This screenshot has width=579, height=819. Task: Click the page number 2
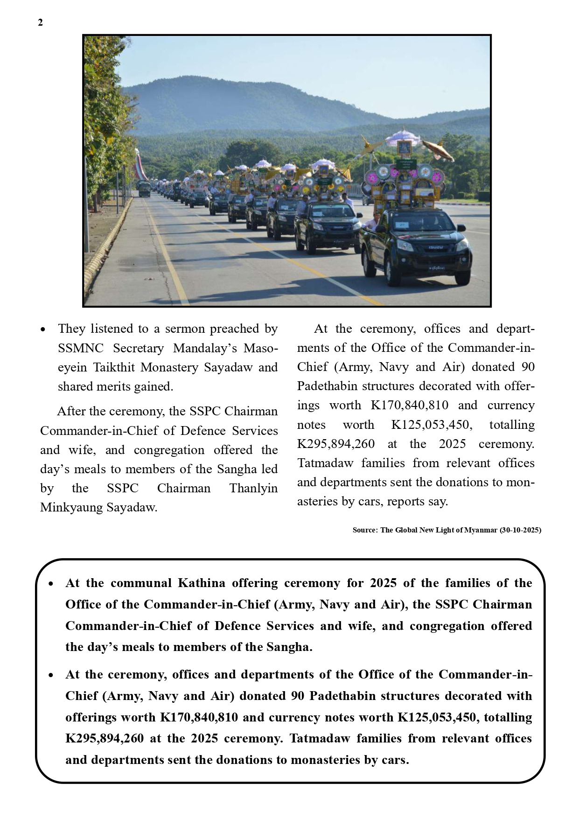pyautogui.click(x=41, y=22)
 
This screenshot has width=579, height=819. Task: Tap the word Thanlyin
pyautogui.click(x=253, y=488)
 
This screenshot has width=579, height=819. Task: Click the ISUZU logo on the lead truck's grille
pyautogui.click(x=435, y=247)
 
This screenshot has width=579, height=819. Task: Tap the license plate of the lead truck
pyautogui.click(x=437, y=268)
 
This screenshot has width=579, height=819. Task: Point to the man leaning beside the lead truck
pyautogui.click(x=372, y=222)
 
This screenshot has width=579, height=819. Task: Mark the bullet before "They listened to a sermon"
pyautogui.click(x=43, y=329)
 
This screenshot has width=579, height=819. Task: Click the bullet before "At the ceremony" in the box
pyautogui.click(x=51, y=675)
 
